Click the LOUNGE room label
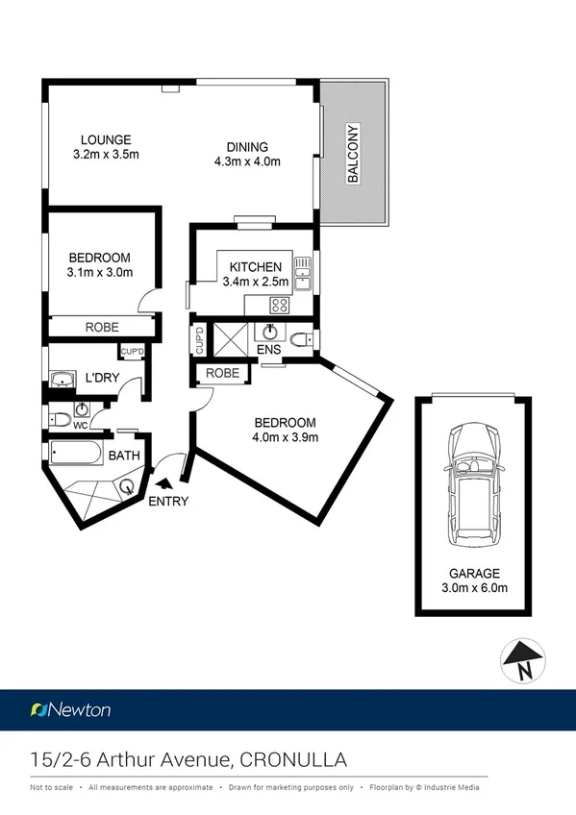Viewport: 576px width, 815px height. pos(106,139)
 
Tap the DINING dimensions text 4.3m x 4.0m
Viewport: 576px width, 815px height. pos(247,161)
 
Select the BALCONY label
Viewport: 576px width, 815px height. pos(353,154)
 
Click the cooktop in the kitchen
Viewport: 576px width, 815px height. pos(281,305)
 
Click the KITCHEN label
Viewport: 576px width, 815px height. pos(255,267)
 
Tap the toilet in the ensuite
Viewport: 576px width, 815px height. pos(301,339)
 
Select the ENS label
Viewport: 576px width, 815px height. pos(269,350)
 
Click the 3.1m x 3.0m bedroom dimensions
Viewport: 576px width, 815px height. pos(100,272)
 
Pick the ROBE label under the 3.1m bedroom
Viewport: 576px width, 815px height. pos(102,328)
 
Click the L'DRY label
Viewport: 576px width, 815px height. pos(102,378)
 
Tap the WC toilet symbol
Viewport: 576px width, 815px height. pos(60,419)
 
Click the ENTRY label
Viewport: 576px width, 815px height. pos(169,501)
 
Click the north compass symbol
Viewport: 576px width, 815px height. pos(523,662)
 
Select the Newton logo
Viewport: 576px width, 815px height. pos(71,710)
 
